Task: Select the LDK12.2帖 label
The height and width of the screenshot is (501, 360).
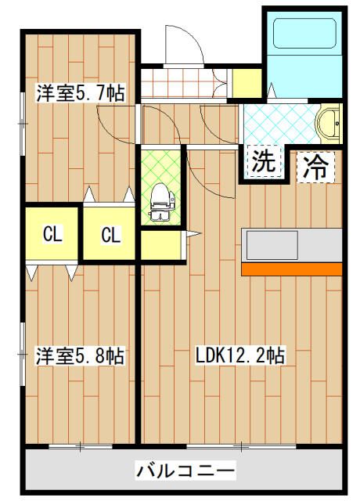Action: [239, 356]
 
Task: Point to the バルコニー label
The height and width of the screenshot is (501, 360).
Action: [185, 471]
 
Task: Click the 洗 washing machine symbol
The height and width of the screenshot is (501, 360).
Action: [263, 162]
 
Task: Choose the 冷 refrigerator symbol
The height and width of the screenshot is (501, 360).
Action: [316, 165]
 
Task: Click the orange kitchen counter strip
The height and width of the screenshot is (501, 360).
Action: [291, 269]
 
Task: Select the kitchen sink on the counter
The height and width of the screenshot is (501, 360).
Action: [272, 244]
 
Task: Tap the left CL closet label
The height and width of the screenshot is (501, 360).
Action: [52, 233]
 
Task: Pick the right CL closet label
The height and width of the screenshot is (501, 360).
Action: [111, 233]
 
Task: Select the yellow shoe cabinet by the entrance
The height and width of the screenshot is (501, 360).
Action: [247, 82]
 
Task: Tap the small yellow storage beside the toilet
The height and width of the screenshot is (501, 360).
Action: [164, 245]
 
